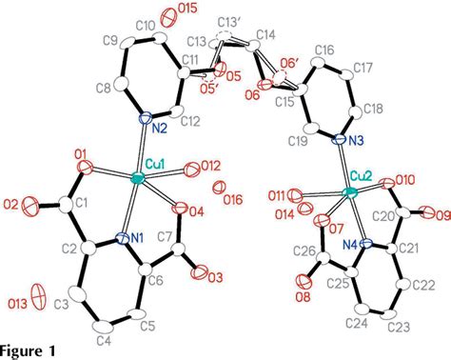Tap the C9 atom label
tap(110, 42)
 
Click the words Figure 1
tap(28, 350)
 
